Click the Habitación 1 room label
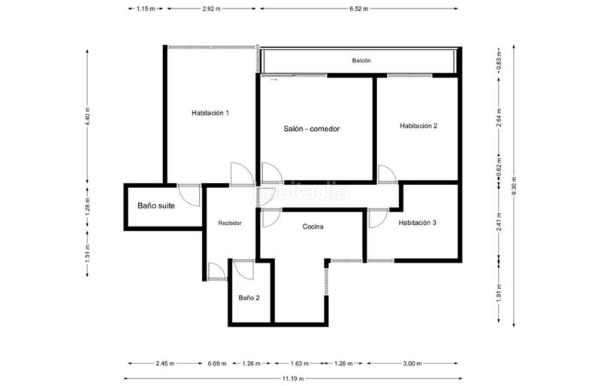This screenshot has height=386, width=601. point(210,113)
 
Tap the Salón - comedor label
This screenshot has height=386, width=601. point(312,129)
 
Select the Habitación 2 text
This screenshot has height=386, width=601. point(418,126)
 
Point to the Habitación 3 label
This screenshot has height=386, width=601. point(418,223)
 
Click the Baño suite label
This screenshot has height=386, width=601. point(156,205)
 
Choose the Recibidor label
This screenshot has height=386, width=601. point(230,223)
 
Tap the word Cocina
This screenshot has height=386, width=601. point(313,226)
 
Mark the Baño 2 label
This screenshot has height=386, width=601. point(249,298)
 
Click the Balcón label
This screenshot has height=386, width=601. point(361,60)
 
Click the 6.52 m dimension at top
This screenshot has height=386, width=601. point(358,8)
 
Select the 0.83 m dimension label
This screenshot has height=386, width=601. point(499,61)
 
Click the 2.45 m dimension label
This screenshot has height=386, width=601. point(165,364)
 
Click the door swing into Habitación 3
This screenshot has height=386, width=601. point(376,218)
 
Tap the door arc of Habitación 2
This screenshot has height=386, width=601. point(387,175)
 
